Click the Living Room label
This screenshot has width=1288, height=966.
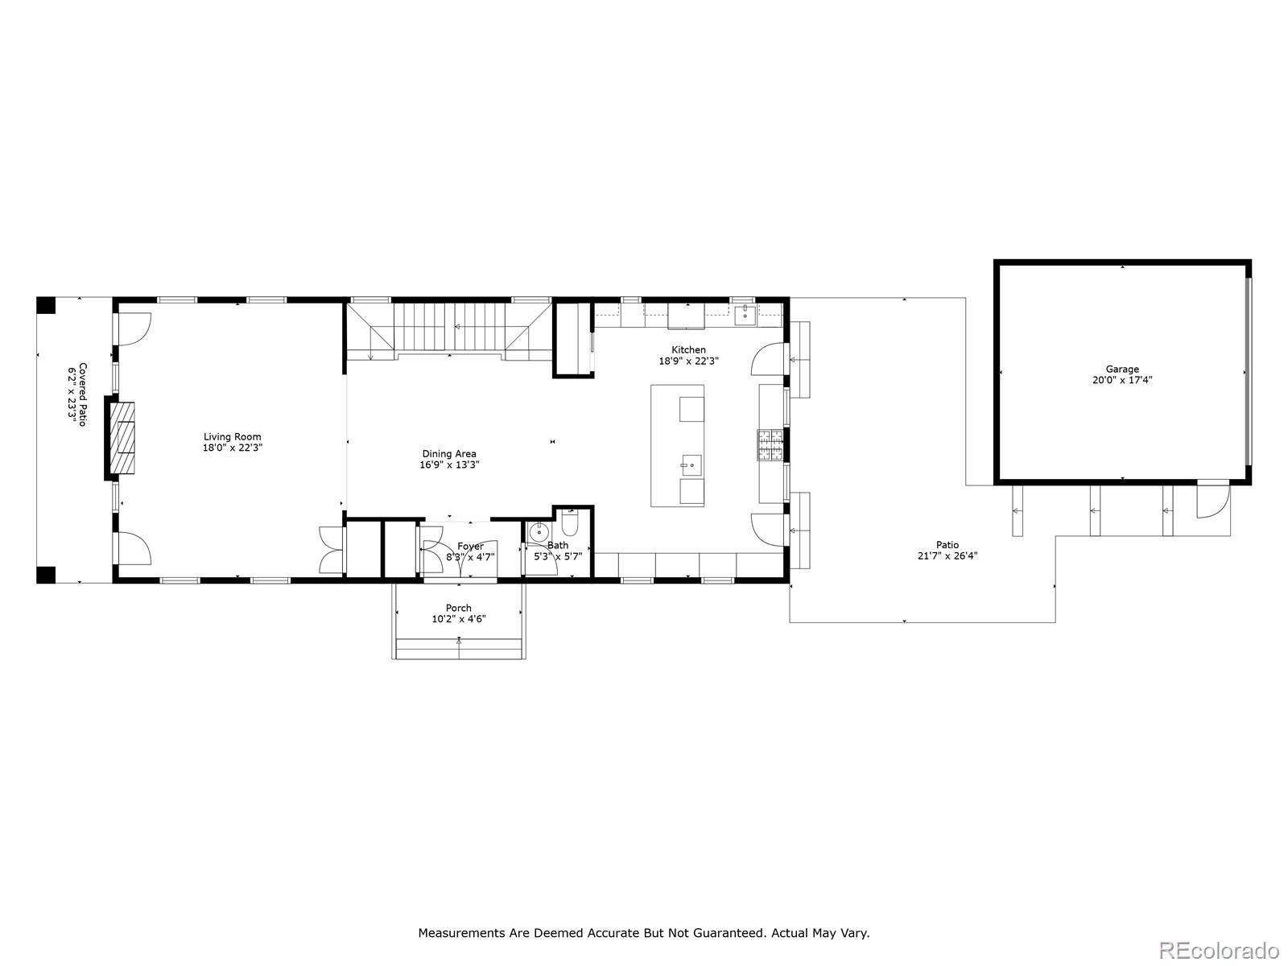pos(232,437)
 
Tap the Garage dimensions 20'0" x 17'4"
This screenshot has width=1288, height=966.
pos(1122,380)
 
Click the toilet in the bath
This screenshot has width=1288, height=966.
pos(569,526)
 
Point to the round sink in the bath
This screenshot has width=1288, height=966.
pos(539,533)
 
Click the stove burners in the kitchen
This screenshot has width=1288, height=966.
pos(770,445)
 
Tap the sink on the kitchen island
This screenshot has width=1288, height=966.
pos(691,465)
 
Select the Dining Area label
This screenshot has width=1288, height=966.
pos(449,454)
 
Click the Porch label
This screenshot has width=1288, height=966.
pos(459,608)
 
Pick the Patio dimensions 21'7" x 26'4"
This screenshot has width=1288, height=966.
pos(947,555)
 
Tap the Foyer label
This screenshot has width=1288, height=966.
pos(470,547)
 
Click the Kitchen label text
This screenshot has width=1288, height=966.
pos(689,349)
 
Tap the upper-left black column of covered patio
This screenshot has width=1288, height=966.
pos(46,306)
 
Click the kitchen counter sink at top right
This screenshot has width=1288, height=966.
pos(745,314)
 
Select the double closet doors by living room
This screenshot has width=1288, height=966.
pos(330,550)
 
